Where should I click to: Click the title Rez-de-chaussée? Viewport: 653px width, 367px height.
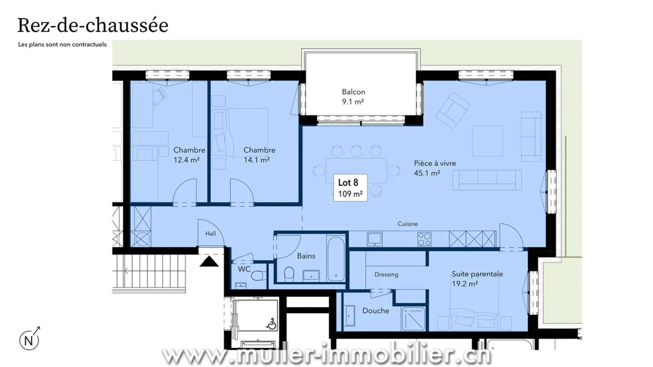(x=93, y=25)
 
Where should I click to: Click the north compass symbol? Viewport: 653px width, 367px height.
(x=28, y=340)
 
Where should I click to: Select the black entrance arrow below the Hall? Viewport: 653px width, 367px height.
(x=210, y=261)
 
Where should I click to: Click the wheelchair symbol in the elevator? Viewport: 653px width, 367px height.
(x=272, y=324)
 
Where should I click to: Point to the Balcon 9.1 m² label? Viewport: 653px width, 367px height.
(x=353, y=97)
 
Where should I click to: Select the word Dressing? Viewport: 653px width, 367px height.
(x=386, y=274)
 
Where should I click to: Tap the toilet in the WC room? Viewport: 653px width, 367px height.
(x=259, y=276)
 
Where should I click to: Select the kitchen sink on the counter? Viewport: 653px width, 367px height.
(x=375, y=238)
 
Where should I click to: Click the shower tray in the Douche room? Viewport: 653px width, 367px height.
(x=414, y=318)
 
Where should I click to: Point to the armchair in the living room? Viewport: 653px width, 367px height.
(x=454, y=109)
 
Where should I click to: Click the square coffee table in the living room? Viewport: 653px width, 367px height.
(x=488, y=141)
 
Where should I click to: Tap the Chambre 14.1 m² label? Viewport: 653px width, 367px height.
(x=259, y=155)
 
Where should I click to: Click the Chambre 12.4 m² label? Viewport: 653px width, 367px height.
(x=189, y=155)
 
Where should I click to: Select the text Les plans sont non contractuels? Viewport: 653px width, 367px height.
(x=62, y=45)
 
